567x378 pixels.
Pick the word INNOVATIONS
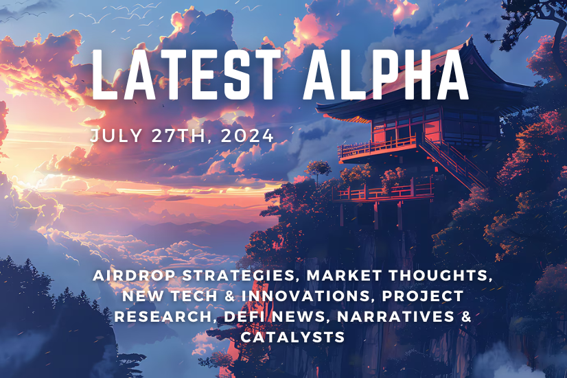(x=295, y=296)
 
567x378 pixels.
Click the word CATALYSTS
(x=292, y=337)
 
